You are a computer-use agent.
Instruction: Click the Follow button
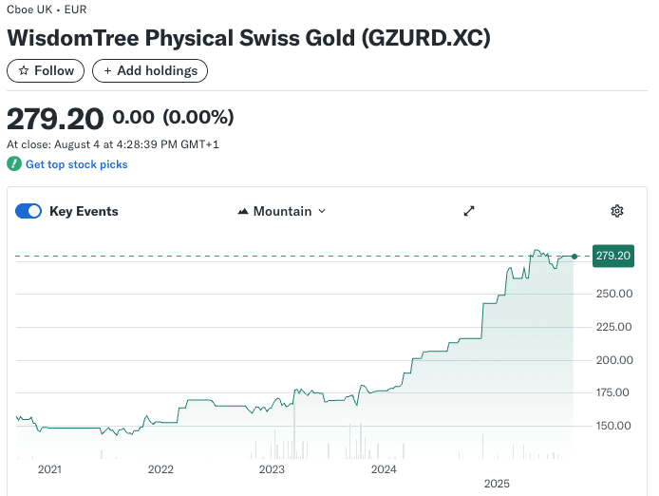pos(46,70)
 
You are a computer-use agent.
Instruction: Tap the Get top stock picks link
pos(76,164)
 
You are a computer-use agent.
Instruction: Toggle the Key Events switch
pos(28,211)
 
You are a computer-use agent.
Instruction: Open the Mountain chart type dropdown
pos(281,211)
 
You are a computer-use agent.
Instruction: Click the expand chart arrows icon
pos(468,211)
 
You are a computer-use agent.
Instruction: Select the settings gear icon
pos(617,211)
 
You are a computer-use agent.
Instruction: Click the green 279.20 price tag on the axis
pos(612,256)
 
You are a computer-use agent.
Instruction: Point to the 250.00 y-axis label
pos(612,294)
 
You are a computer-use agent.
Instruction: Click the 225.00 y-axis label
pos(612,327)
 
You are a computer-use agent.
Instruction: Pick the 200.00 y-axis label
pos(612,360)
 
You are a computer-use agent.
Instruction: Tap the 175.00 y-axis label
pos(612,392)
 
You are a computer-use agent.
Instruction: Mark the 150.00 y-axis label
pos(612,426)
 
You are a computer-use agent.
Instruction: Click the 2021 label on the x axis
pos(49,469)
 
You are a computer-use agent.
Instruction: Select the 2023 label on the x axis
pos(272,469)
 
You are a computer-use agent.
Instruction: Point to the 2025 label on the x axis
pos(497,484)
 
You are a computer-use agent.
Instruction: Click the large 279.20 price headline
pos(55,119)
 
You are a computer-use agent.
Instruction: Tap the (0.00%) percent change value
pos(198,118)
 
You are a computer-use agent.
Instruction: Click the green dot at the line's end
pos(574,256)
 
